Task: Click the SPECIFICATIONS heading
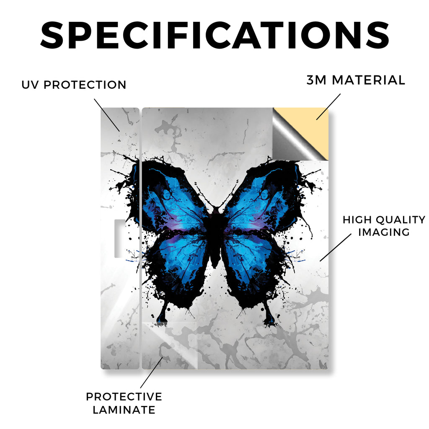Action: [x=215, y=36]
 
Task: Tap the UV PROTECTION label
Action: [x=74, y=85]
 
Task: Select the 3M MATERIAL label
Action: [x=356, y=80]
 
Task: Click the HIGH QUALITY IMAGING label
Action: [x=384, y=226]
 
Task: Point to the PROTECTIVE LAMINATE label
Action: [x=124, y=403]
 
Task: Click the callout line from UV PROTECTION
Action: [x=107, y=115]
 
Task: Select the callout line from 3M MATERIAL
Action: [x=328, y=107]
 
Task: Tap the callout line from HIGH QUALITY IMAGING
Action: [x=336, y=247]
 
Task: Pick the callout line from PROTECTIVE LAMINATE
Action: [x=151, y=372]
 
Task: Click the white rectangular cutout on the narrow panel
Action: [x=120, y=238]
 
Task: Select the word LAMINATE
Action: [x=124, y=410]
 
